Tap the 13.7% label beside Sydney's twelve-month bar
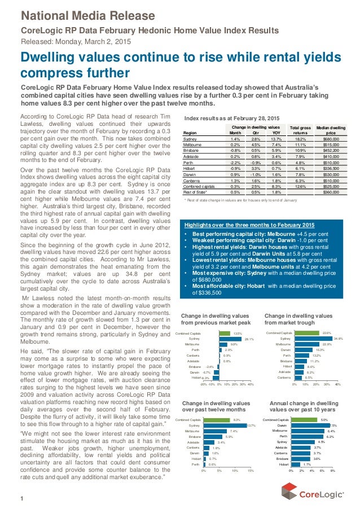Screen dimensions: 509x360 252,425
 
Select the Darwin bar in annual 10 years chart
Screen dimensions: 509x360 310,425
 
